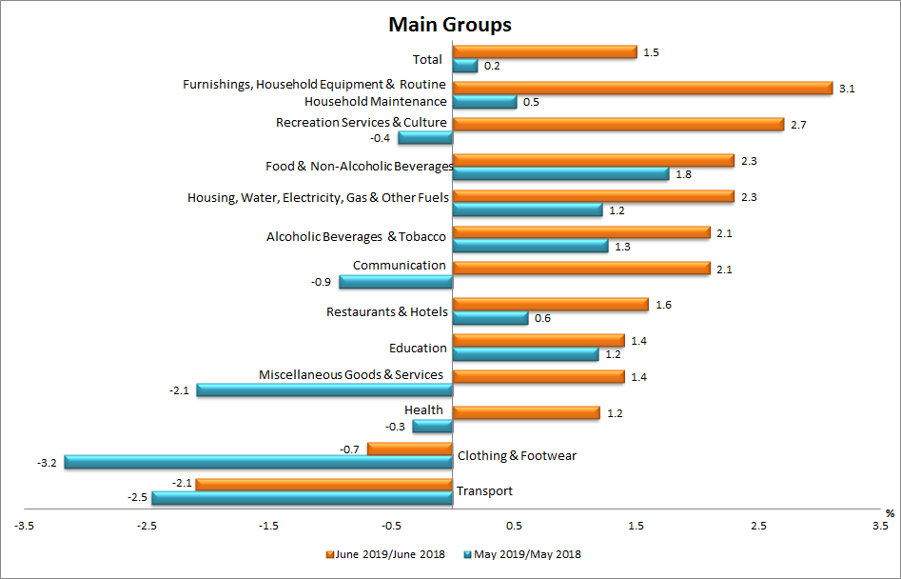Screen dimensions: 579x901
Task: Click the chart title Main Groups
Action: [x=449, y=24]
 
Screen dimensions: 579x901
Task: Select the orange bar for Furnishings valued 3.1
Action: [x=642, y=88]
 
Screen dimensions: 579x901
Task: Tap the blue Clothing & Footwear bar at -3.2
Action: [x=258, y=463]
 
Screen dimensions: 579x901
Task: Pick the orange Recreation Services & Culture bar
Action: [x=618, y=124]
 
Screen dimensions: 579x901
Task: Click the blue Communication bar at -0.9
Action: [x=396, y=282]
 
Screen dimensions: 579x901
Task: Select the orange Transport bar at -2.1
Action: [x=323, y=485]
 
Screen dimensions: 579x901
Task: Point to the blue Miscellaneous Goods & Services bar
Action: [x=324, y=390]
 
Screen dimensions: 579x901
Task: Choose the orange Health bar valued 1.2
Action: [x=526, y=412]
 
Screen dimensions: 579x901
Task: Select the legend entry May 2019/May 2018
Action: [x=526, y=554]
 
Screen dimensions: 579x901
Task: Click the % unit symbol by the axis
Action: [x=890, y=513]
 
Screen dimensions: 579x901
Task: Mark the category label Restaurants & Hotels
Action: [x=387, y=311]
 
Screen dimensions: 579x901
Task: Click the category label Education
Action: [x=418, y=348]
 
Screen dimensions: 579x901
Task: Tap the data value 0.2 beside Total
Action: [x=492, y=66]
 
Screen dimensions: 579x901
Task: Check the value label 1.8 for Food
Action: [x=682, y=174]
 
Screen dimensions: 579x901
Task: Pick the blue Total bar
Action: [x=465, y=66]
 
